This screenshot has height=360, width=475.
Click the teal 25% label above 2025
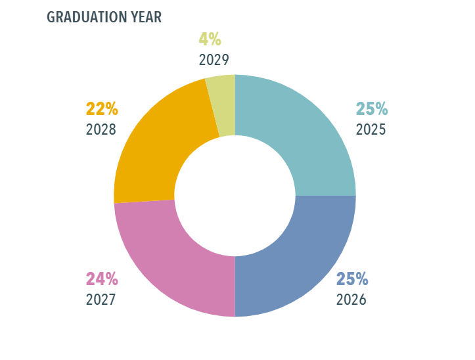click(371, 109)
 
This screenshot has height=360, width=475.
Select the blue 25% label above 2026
click(352, 279)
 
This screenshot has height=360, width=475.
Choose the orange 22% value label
click(102, 108)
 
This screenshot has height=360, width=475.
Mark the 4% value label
click(210, 39)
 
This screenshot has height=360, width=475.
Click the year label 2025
click(371, 129)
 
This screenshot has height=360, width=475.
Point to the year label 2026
click(351, 300)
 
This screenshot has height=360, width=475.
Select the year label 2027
click(101, 300)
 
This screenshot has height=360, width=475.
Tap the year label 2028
click(101, 129)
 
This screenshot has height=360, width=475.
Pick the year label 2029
click(214, 60)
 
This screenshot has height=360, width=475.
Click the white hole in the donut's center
click(235, 196)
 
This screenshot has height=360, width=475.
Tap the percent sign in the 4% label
click(215, 39)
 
